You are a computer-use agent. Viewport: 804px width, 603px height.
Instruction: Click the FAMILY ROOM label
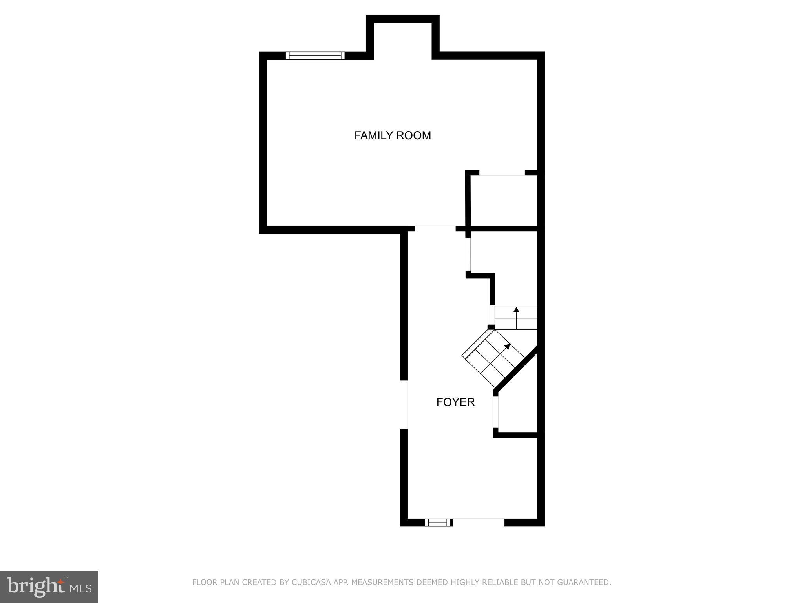coord(393,135)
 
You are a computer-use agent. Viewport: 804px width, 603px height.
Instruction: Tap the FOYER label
coord(455,402)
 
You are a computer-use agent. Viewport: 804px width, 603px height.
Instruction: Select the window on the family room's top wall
coord(315,55)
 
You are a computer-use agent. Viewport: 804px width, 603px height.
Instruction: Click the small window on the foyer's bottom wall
coord(439,522)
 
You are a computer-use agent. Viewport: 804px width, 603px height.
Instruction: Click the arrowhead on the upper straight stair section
coord(516,310)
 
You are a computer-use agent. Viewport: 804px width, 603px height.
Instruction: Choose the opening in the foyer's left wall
coord(404,404)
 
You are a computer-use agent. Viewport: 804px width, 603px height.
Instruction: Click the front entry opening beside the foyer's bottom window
coord(478,522)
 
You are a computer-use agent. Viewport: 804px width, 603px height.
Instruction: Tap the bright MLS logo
coord(49,587)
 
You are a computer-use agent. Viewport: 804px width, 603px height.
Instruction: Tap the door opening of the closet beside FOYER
coord(496,411)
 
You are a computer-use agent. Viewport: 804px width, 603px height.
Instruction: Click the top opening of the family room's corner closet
coord(502,173)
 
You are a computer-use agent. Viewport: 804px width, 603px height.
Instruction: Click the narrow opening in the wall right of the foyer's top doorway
coord(468,254)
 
